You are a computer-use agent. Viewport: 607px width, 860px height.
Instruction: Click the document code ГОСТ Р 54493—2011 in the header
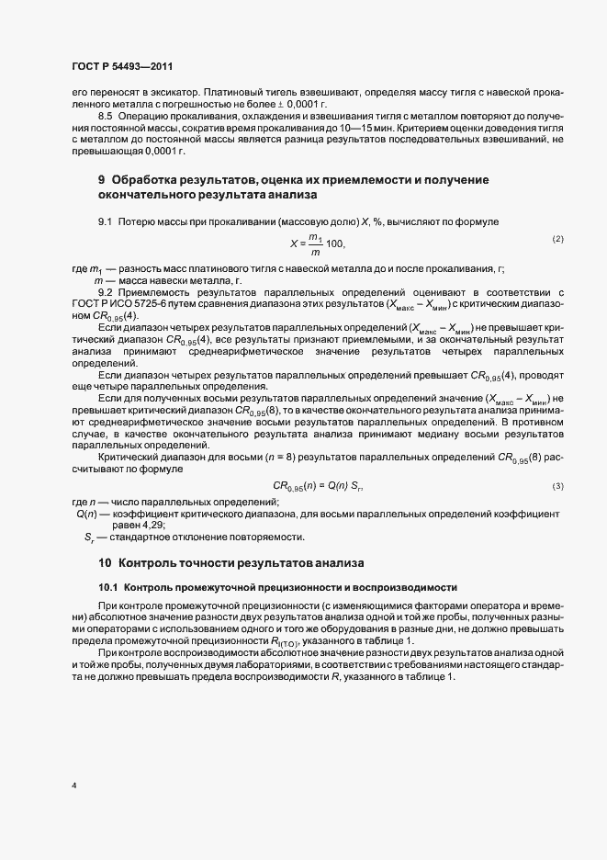121,66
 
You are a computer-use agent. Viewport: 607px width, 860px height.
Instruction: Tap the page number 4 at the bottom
73,786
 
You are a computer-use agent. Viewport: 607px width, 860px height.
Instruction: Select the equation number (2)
557,240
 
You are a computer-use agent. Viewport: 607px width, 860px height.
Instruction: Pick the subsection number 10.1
108,586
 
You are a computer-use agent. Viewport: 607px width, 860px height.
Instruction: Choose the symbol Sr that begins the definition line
89,537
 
